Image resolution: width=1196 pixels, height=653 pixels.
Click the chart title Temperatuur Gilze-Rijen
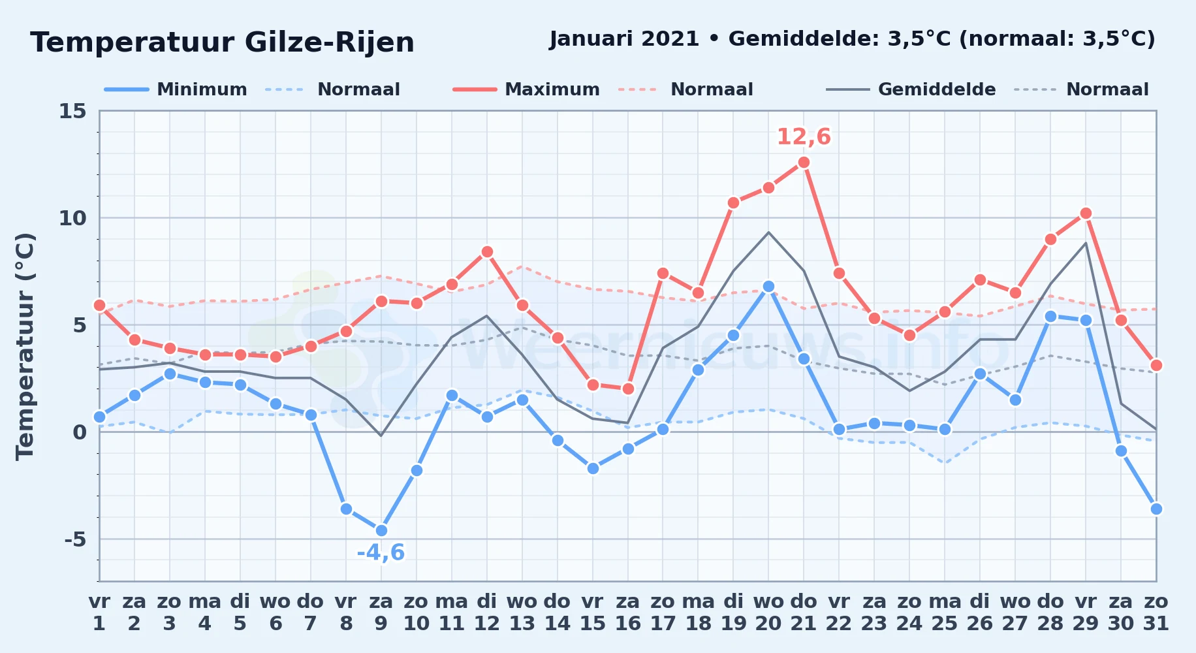(222, 42)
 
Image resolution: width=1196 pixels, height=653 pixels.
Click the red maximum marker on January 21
(804, 163)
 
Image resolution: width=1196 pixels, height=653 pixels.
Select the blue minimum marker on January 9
(381, 530)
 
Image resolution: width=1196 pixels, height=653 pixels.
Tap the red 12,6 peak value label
(804, 137)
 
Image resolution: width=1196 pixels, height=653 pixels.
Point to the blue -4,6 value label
(381, 553)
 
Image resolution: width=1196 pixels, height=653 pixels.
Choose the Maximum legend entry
(526, 89)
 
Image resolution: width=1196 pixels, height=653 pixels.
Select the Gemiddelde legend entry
(911, 89)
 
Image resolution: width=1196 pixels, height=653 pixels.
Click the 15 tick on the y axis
(72, 111)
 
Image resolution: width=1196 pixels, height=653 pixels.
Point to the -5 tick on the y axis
(75, 539)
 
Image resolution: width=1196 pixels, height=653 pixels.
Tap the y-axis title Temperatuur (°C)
(25, 346)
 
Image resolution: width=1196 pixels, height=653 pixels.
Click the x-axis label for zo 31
(1156, 612)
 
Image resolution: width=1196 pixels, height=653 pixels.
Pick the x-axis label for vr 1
(99, 612)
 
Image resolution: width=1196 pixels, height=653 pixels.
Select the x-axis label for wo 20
(768, 612)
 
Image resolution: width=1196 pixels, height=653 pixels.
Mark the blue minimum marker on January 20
(768, 286)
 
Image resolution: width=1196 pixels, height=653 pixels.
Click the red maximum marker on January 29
(1086, 214)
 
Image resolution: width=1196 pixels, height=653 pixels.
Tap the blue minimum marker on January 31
(1156, 509)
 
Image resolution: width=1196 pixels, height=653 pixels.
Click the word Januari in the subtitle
(592, 39)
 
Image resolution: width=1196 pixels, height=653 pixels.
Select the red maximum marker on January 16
(628, 389)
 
